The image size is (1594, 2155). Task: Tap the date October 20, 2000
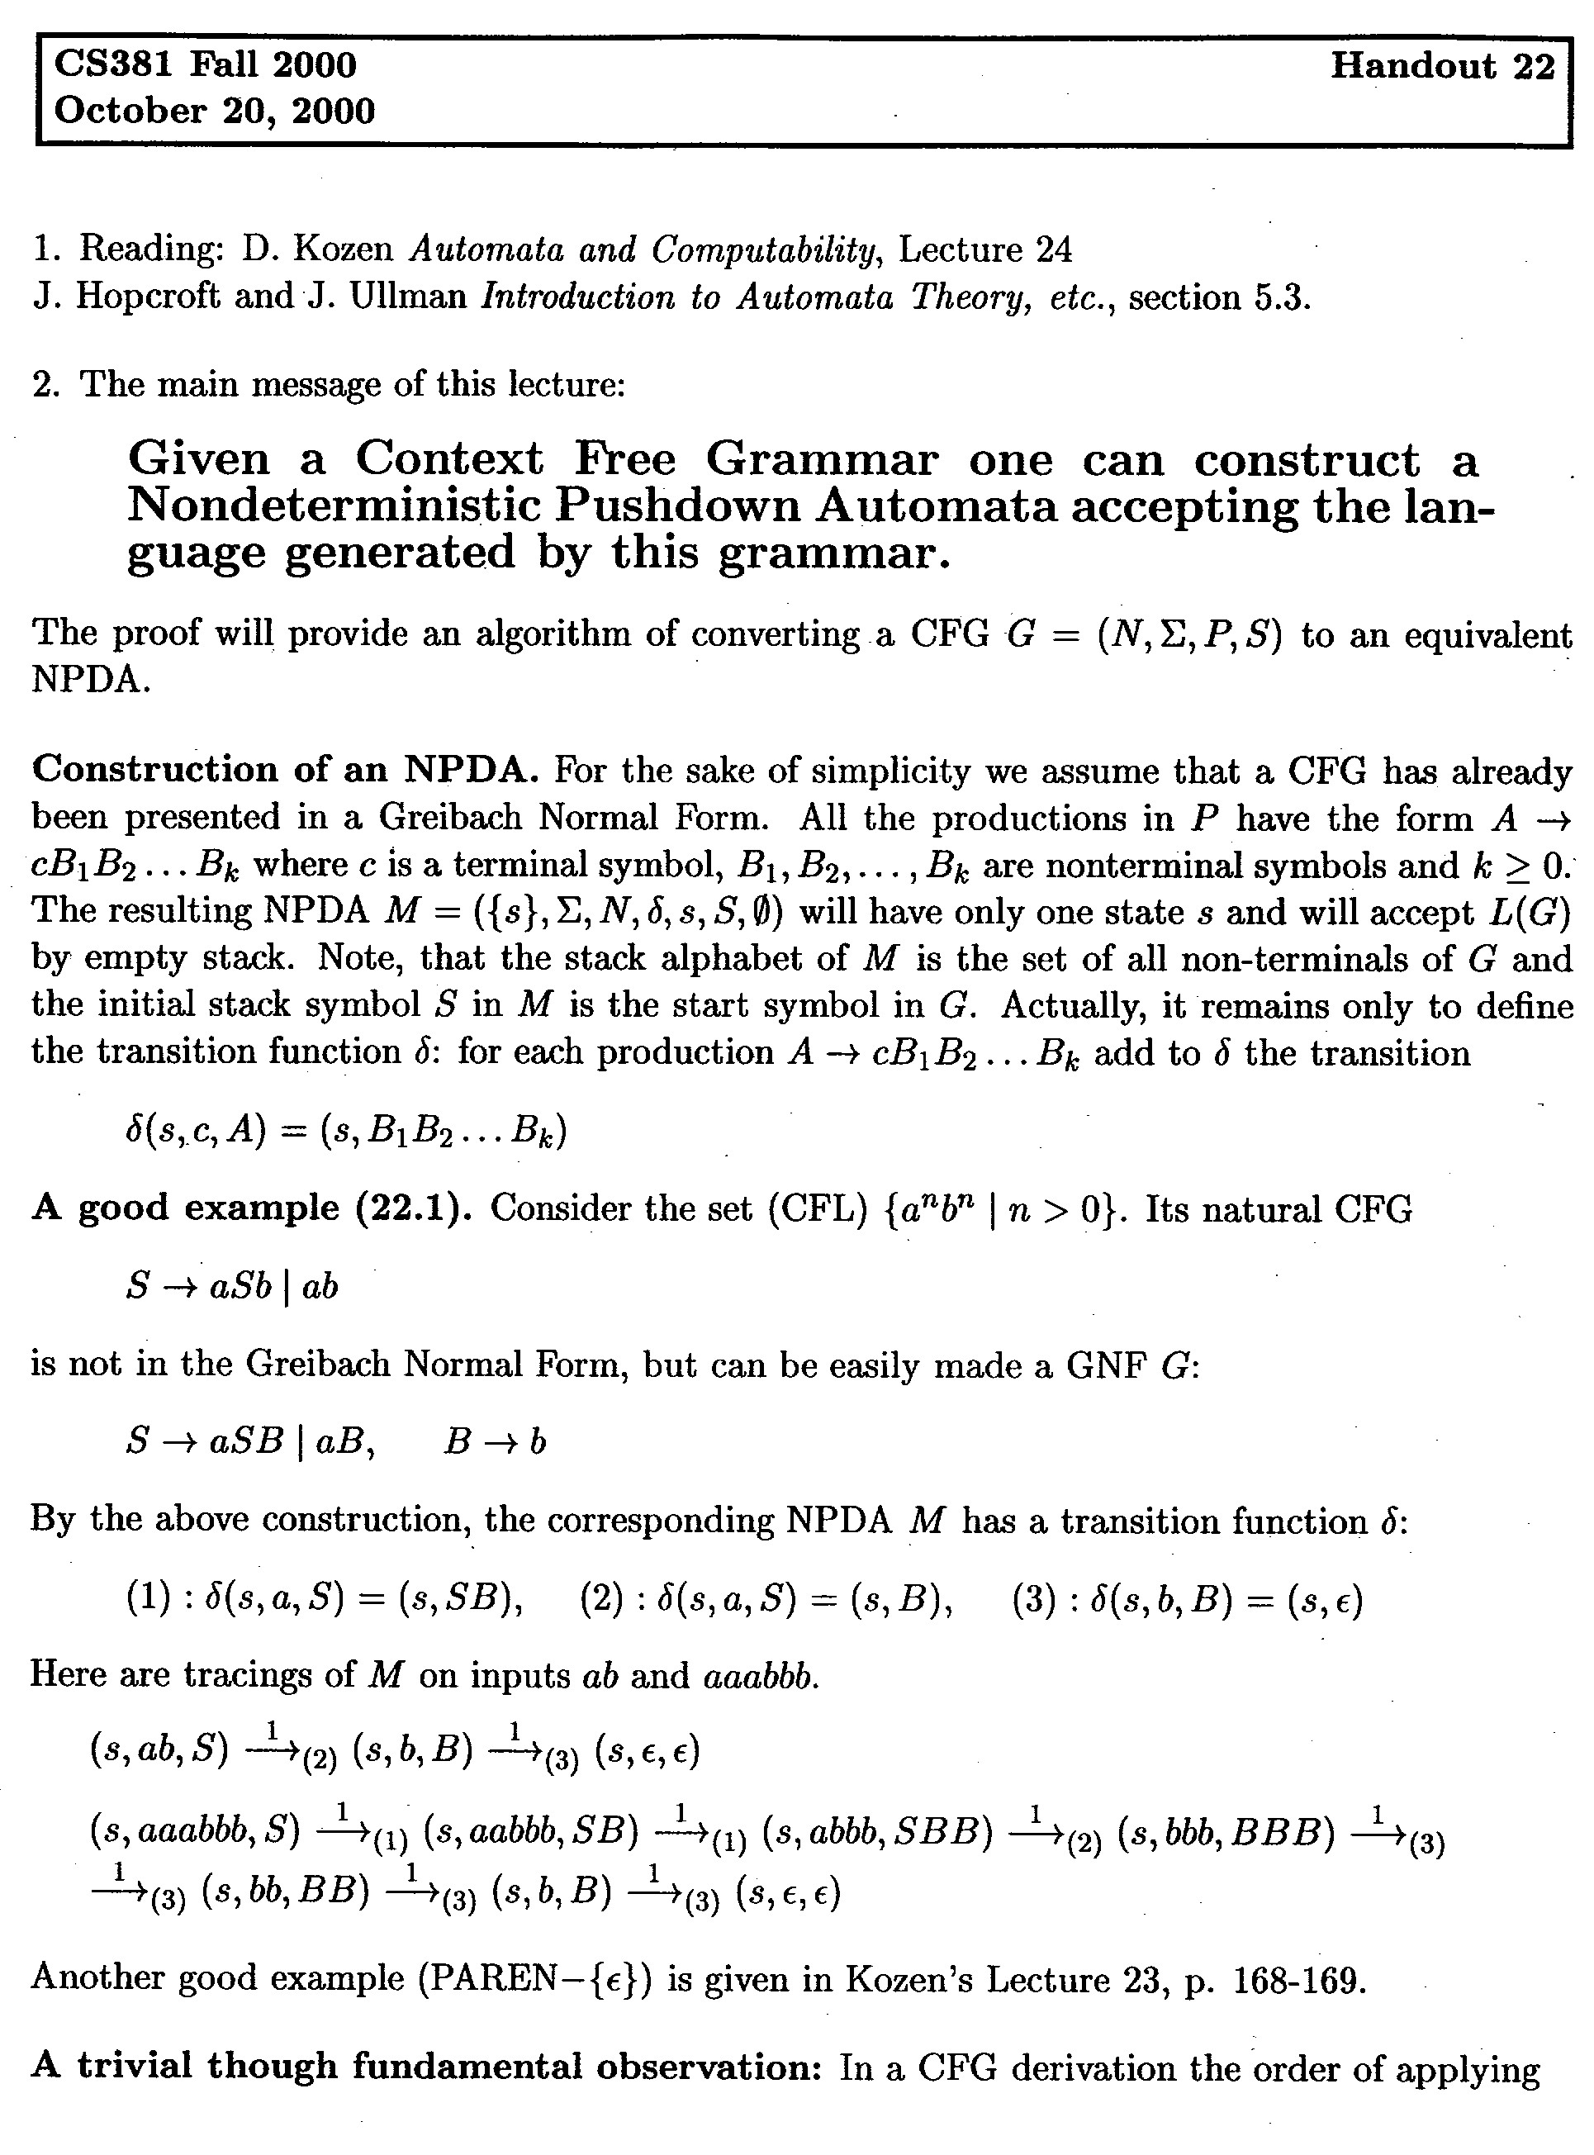[214, 111]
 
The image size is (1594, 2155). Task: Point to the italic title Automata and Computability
[643, 250]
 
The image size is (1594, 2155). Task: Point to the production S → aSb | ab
[231, 1286]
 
